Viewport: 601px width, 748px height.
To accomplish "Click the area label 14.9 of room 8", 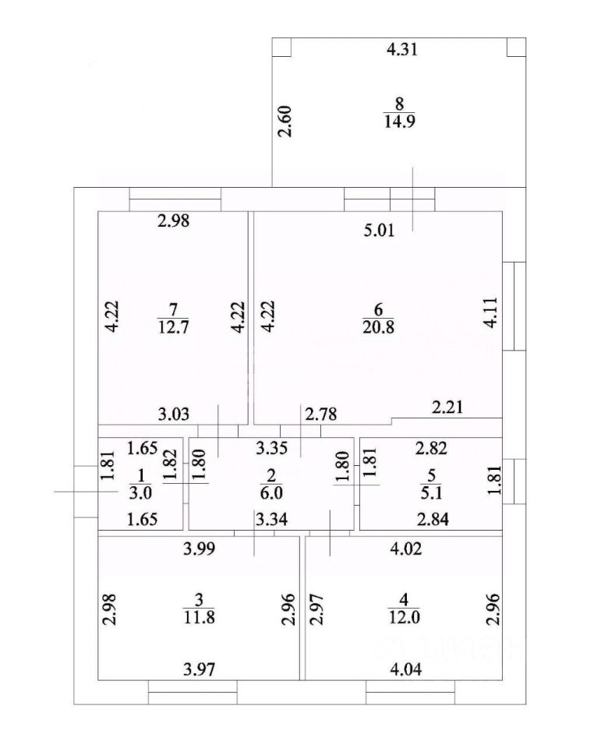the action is pyautogui.click(x=398, y=120).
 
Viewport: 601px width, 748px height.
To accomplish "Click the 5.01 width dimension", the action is pyautogui.click(x=381, y=230).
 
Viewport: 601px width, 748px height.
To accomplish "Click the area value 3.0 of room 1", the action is pyautogui.click(x=141, y=491).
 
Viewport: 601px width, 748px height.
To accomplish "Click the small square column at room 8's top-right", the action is pyautogui.click(x=514, y=48).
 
